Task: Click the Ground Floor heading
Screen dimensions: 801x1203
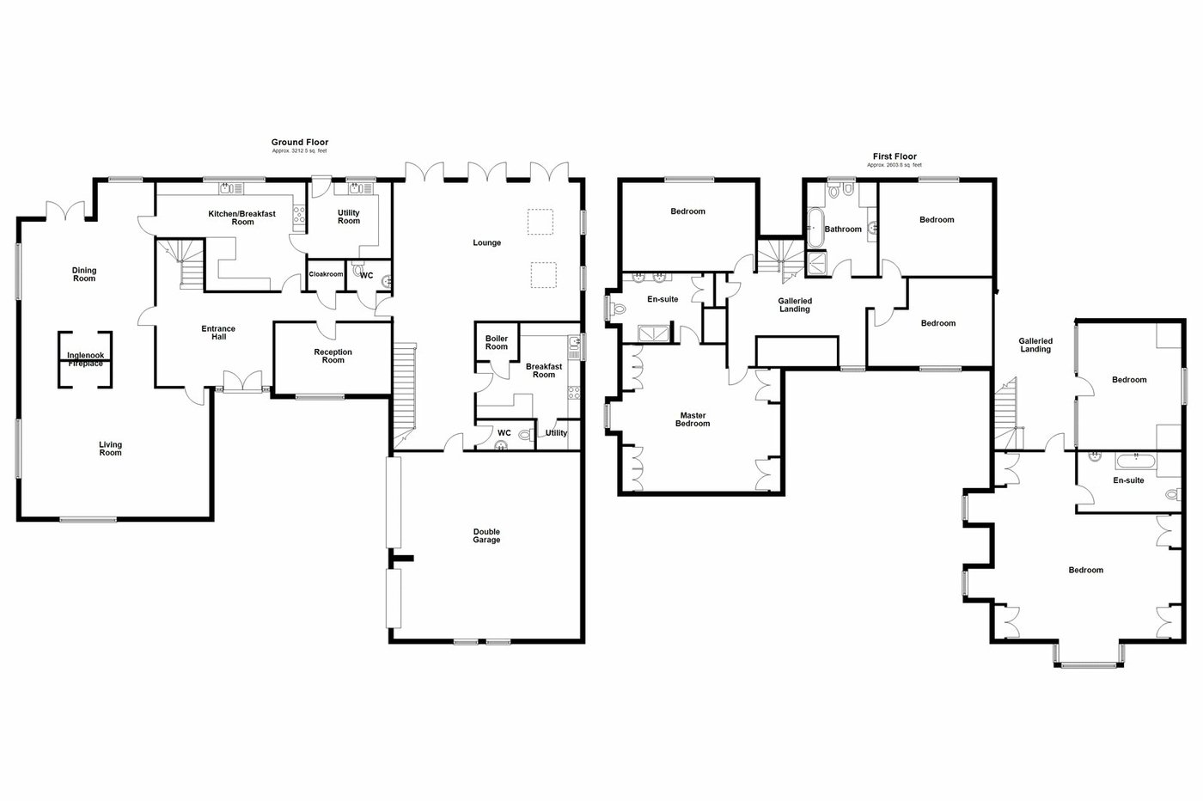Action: point(300,143)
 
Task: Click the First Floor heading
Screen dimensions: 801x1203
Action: point(895,157)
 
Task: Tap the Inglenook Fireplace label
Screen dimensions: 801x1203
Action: point(85,359)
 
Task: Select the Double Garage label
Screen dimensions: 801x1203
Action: point(486,535)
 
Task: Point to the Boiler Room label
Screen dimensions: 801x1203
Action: point(497,342)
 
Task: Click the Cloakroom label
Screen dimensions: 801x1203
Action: point(326,274)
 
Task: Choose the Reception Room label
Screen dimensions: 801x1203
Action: point(333,356)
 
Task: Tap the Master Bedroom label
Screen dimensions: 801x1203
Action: point(693,419)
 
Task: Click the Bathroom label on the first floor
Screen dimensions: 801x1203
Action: point(843,229)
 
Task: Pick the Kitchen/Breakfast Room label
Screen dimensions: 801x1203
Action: point(242,217)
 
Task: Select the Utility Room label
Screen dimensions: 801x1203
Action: point(349,217)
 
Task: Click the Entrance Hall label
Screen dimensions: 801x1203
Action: point(218,333)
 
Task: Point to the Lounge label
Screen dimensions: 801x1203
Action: point(486,243)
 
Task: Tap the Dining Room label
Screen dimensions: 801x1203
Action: point(84,274)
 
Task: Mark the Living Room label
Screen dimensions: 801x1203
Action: point(110,449)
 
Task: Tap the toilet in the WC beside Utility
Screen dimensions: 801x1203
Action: point(524,434)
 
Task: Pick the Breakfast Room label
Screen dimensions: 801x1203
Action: point(544,370)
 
